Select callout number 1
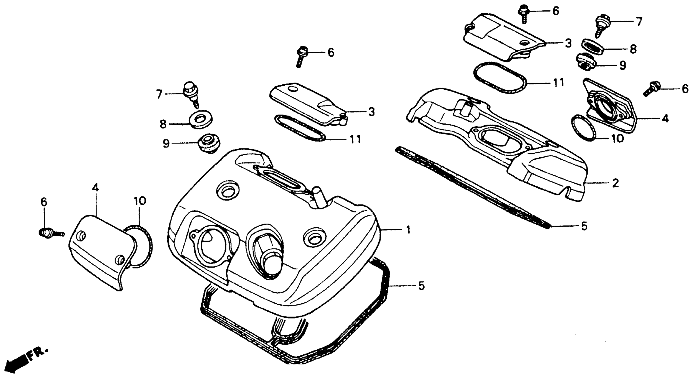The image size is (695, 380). click(x=408, y=230)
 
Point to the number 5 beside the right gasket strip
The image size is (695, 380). click(x=584, y=226)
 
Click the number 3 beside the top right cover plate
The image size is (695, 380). click(x=568, y=43)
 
